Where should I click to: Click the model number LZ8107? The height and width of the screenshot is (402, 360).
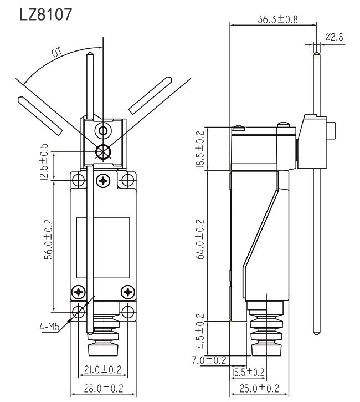pyautogui.click(x=45, y=14)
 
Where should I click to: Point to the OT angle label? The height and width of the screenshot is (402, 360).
pyautogui.click(x=56, y=54)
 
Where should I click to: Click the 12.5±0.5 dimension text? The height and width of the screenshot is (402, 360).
pyautogui.click(x=44, y=161)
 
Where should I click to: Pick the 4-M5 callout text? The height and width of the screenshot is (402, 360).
pyautogui.click(x=49, y=328)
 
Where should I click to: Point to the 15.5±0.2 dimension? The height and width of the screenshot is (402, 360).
pyautogui.click(x=248, y=372)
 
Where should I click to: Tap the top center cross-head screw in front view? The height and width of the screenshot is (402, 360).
pyautogui.click(x=104, y=180)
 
